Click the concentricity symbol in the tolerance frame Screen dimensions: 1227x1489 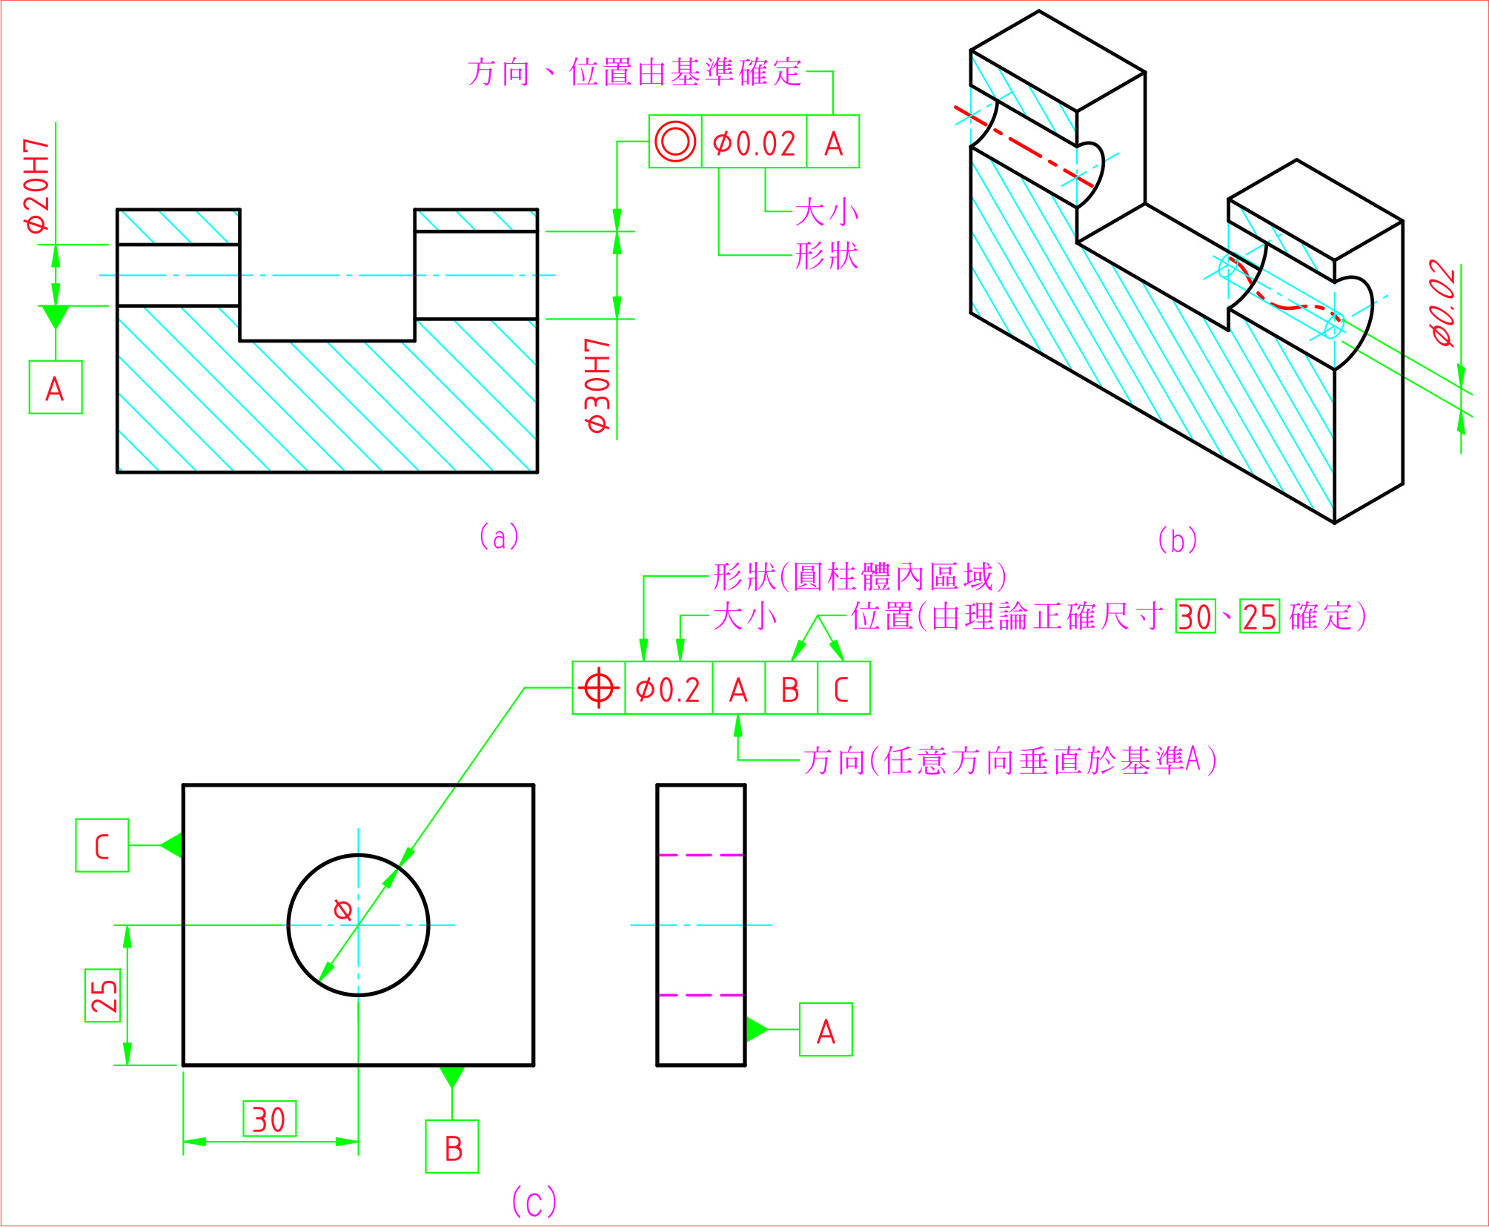click(x=675, y=142)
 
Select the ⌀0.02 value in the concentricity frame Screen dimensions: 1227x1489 click(x=754, y=143)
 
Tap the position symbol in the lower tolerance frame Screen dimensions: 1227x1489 click(x=599, y=688)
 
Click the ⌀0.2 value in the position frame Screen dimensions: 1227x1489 click(x=668, y=689)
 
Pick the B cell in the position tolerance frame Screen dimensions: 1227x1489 click(x=790, y=689)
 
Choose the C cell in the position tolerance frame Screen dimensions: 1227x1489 click(x=842, y=689)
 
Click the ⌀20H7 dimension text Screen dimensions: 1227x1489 click(x=37, y=185)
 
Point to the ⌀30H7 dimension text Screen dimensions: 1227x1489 click(x=597, y=386)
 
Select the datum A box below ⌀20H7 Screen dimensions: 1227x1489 click(x=56, y=388)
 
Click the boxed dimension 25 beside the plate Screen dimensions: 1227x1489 click(x=103, y=996)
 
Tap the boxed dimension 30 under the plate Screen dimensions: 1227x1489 click(x=269, y=1119)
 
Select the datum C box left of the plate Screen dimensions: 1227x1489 click(x=102, y=845)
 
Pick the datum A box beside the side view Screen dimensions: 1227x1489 click(x=826, y=1031)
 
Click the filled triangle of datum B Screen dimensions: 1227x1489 click(x=452, y=1075)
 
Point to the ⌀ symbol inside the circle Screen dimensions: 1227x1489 click(x=342, y=909)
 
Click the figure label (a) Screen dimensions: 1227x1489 click(x=500, y=537)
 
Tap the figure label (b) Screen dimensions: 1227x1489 click(x=1178, y=540)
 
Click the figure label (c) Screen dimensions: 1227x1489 click(x=534, y=1203)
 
